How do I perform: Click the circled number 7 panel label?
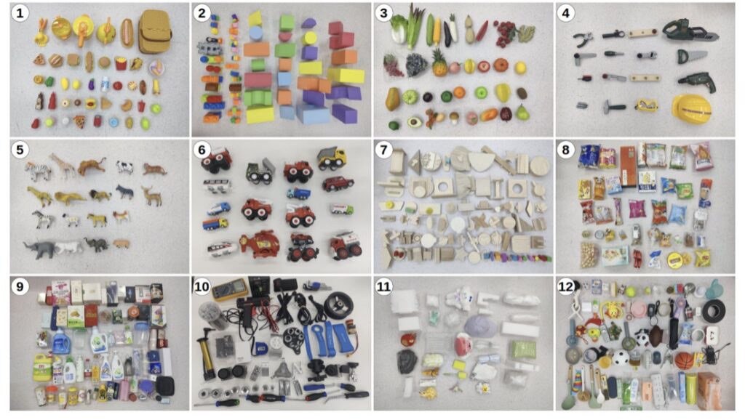[x=383, y=150]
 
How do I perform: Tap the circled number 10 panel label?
[x=202, y=286]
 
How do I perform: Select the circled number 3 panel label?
[x=383, y=13]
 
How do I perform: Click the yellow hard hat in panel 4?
[x=691, y=109]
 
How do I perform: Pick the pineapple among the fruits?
[x=439, y=63]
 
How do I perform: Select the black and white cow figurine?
[x=125, y=166]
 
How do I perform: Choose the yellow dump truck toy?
[x=332, y=158]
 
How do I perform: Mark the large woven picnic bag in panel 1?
[x=155, y=31]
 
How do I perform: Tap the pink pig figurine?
[x=121, y=244]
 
